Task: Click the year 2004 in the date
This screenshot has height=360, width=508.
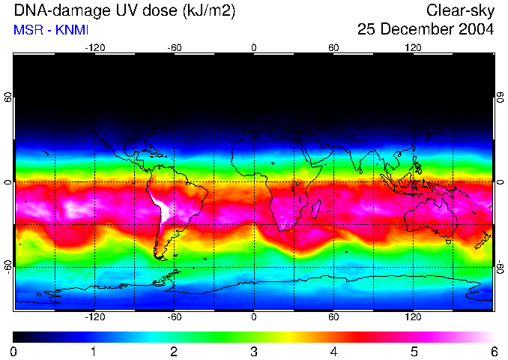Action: tap(475, 30)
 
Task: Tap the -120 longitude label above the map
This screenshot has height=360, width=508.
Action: tap(94, 47)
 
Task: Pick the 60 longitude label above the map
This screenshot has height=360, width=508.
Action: tap(333, 47)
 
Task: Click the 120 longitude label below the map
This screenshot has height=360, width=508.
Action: tap(413, 317)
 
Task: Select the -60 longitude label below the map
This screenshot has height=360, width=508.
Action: tap(174, 317)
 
